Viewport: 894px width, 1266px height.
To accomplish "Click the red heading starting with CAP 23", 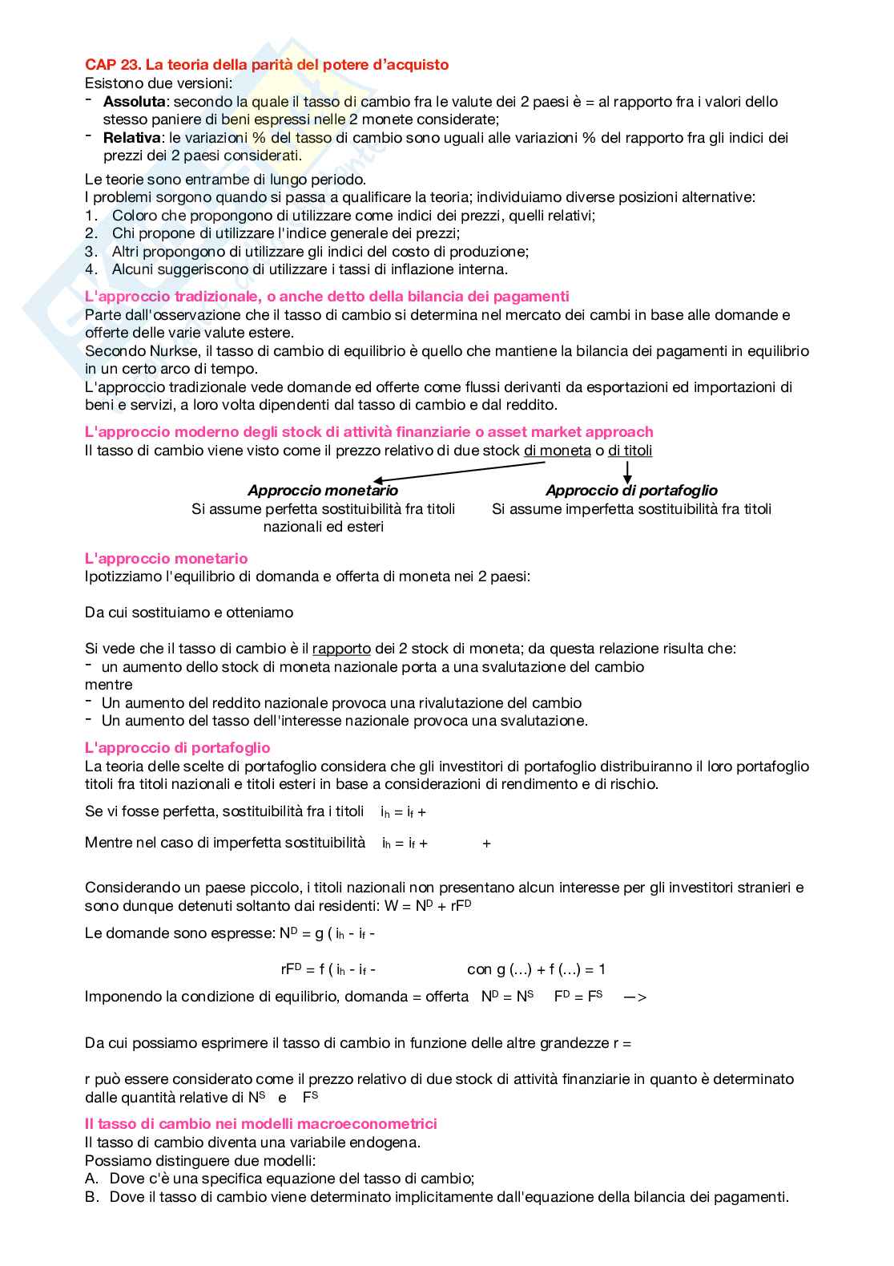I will point(267,65).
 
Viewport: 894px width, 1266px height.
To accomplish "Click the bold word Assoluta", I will point(134,102).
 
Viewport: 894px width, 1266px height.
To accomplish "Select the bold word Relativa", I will point(131,138).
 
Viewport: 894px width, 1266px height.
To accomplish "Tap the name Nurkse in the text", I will point(175,351).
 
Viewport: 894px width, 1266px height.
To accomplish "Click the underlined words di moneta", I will point(557,451).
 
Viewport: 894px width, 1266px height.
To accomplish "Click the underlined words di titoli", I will point(630,451).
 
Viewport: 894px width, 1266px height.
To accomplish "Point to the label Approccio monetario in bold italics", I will point(322,491).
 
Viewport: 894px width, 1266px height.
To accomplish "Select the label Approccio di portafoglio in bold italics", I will point(631,491).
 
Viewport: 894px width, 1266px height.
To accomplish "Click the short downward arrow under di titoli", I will point(627,471).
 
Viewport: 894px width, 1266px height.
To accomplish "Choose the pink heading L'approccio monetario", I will point(166,559).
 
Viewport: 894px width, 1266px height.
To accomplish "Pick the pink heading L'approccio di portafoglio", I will point(177,748).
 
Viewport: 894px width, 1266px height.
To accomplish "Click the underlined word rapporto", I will point(341,649).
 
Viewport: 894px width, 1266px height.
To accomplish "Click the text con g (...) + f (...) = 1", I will point(536,969).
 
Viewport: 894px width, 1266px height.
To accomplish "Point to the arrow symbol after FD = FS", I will point(634,997).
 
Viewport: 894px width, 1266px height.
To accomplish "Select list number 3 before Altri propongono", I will point(91,252).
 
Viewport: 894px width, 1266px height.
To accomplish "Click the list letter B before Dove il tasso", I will point(91,1197).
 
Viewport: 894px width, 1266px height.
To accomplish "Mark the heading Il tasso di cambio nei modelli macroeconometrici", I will point(260,1124).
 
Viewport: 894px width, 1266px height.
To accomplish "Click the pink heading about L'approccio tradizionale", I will point(327,297).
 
